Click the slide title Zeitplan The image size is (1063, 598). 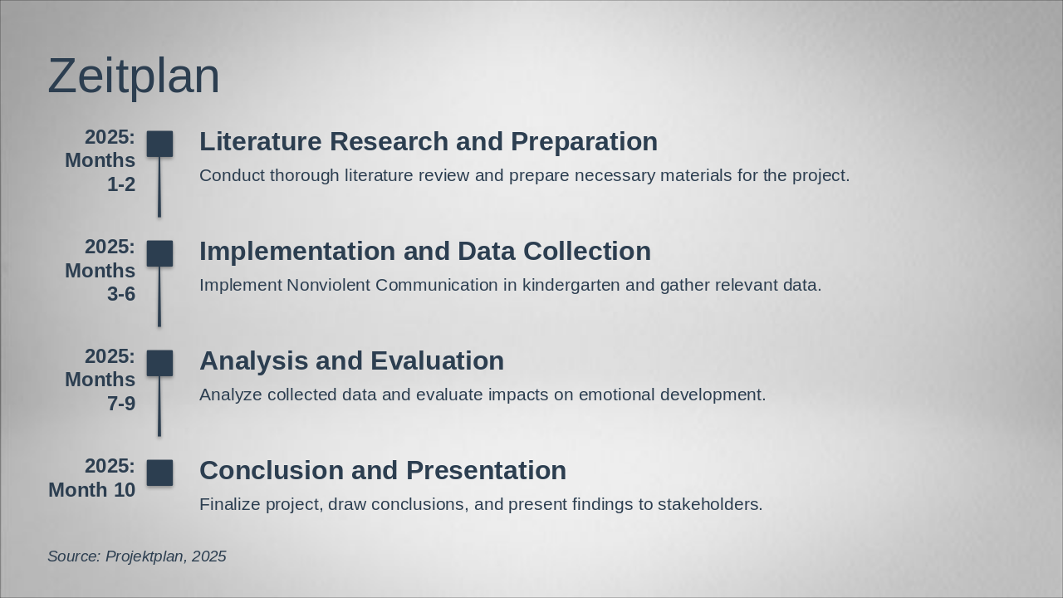(134, 76)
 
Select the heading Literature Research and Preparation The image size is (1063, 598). (428, 141)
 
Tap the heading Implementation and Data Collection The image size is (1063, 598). (424, 251)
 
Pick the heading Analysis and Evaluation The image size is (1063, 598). (351, 360)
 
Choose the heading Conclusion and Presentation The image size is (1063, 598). (382, 470)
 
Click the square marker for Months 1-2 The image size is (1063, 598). (159, 144)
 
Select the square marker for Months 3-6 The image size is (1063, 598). (159, 253)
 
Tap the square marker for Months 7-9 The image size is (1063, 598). (159, 363)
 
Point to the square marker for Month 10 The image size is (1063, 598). (159, 473)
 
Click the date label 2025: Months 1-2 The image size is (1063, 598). (101, 160)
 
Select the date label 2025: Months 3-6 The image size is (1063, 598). (101, 270)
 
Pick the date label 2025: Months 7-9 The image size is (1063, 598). (101, 380)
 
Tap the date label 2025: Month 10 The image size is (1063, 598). (93, 478)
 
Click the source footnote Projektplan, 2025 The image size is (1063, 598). (137, 556)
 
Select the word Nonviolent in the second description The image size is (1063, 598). (329, 285)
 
